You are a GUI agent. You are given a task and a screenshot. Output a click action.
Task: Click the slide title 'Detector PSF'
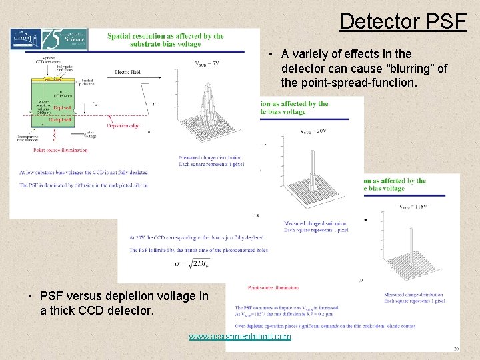(x=403, y=21)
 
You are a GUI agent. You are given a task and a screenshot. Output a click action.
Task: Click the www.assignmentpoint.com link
(x=240, y=337)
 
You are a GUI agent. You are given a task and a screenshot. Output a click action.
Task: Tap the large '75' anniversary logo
(x=54, y=39)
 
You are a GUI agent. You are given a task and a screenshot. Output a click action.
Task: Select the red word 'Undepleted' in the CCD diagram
(x=63, y=119)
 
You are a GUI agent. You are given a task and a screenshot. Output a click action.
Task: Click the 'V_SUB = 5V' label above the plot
(x=207, y=64)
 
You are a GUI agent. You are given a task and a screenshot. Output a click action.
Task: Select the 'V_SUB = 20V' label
(x=313, y=131)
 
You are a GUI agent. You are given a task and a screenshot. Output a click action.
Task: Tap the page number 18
(x=257, y=215)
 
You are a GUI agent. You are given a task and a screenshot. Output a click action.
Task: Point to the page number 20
(x=456, y=348)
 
